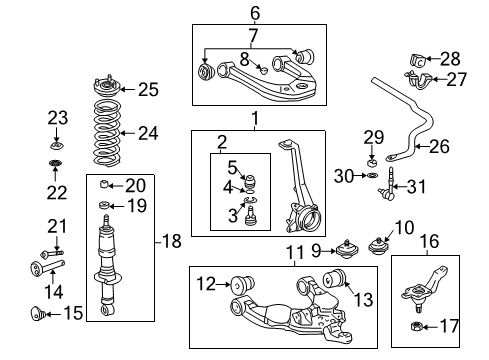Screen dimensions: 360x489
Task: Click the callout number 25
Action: tap(147, 89)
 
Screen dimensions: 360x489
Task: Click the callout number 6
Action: tap(255, 13)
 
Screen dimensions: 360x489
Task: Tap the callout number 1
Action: tap(255, 120)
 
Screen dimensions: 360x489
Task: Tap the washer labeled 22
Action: tap(57, 164)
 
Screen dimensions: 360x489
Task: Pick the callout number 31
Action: tap(417, 185)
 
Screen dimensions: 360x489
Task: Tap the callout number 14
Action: tap(56, 292)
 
